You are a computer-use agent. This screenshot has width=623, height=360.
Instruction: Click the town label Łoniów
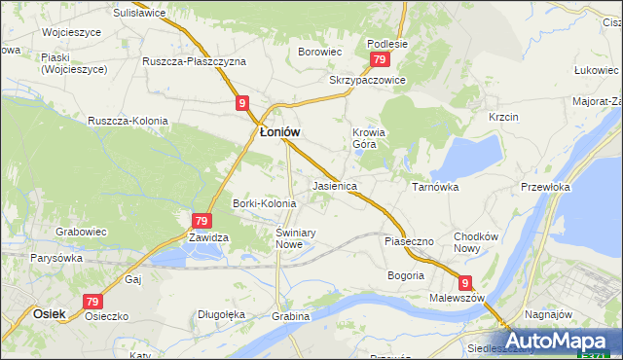[278, 132]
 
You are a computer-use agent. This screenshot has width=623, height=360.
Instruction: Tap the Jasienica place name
[335, 185]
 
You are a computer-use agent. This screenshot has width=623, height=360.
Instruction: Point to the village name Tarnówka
[434, 186]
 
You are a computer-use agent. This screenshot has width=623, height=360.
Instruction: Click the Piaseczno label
[408, 239]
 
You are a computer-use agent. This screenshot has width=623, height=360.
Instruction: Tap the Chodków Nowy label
[476, 242]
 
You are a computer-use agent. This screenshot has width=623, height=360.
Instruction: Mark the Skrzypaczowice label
[366, 80]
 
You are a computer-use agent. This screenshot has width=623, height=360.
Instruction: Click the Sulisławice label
[139, 15]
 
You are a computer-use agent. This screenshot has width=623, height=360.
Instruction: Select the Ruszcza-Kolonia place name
[128, 121]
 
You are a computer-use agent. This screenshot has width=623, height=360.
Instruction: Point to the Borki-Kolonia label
[264, 203]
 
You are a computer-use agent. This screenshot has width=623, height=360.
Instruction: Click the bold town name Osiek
[49, 314]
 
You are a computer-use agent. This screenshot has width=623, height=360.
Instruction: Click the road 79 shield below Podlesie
[380, 60]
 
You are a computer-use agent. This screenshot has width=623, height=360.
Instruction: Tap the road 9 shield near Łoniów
[240, 103]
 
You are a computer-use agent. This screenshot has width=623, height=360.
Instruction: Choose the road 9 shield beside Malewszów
[466, 283]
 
